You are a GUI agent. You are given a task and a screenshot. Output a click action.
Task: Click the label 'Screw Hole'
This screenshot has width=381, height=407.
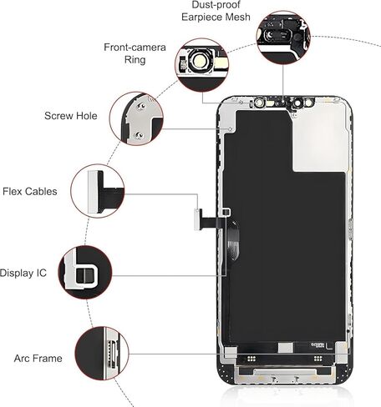click(71, 116)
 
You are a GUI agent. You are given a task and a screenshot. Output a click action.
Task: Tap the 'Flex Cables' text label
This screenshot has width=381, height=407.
click(30, 191)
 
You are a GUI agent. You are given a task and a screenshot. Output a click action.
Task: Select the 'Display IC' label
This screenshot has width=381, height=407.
click(23, 273)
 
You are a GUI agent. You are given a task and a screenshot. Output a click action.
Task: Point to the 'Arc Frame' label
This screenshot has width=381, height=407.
click(38, 358)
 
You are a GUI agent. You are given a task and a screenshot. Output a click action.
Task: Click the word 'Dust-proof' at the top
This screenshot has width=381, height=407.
click(216, 4)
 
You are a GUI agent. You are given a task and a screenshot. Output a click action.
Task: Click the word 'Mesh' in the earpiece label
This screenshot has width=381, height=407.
click(237, 17)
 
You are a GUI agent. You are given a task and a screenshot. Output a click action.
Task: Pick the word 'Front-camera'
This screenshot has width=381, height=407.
click(135, 47)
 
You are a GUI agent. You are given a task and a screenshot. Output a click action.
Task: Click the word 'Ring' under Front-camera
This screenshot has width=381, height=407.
click(135, 60)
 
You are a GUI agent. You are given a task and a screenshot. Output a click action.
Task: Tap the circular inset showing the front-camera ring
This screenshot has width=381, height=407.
click(202, 65)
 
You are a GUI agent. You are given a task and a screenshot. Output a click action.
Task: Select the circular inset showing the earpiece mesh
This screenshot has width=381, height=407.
click(283, 38)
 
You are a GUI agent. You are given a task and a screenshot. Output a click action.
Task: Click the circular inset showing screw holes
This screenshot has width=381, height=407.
click(136, 118)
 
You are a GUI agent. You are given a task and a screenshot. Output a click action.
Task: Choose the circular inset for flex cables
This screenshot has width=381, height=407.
click(98, 191)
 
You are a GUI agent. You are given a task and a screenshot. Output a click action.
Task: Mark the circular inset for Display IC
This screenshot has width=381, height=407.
click(85, 273)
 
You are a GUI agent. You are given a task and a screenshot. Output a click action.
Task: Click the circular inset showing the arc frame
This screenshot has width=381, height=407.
click(102, 354)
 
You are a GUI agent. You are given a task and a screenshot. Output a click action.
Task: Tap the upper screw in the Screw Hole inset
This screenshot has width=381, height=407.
click(141, 106)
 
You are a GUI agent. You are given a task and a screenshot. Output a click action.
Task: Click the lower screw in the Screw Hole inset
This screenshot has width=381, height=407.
click(138, 135)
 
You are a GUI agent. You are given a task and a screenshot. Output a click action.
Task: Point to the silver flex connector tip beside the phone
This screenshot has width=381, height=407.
click(197, 219)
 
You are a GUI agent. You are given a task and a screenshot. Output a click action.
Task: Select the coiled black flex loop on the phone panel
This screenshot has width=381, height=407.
click(233, 240)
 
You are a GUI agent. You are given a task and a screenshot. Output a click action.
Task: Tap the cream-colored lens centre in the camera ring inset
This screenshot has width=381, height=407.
click(200, 61)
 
